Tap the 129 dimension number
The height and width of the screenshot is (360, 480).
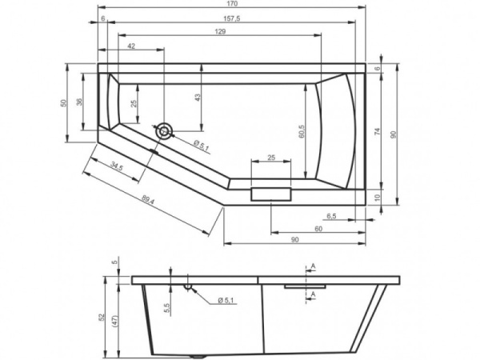221,32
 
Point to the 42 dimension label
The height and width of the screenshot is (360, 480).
130,47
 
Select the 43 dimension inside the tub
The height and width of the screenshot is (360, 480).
198,96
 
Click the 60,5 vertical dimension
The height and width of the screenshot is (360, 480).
301,128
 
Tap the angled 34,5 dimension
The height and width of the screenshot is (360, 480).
116,167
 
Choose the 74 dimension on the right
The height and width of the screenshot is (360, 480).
376,130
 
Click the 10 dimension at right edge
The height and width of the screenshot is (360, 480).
376,196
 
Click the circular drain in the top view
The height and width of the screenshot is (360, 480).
165,130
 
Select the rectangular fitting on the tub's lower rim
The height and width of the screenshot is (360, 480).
272,194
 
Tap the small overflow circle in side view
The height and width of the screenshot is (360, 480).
189,286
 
